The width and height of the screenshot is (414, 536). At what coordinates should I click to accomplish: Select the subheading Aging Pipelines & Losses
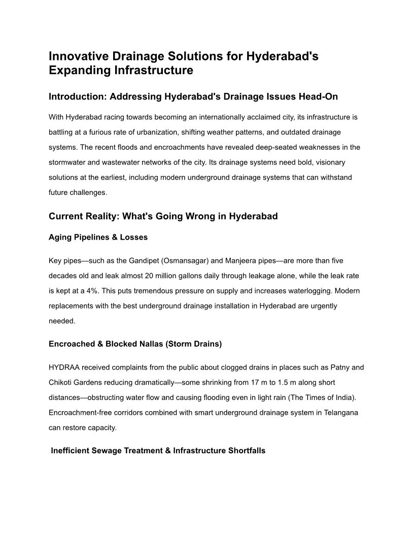pyautogui.click(x=98, y=238)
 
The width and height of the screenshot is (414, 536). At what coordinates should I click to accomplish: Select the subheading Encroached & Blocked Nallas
pyautogui.click(x=135, y=344)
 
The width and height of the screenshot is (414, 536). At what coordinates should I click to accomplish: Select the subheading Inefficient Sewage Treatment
pyautogui.click(x=158, y=451)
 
